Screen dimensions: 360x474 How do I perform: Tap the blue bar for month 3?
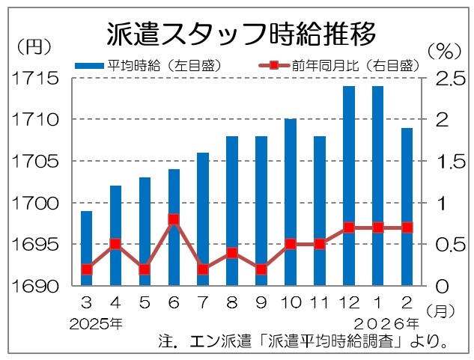(87, 247)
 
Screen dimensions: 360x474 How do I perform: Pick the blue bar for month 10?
(291, 202)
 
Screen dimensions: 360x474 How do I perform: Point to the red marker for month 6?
(174, 219)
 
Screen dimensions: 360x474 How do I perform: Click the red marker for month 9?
(261, 269)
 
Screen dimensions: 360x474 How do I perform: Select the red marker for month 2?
(407, 228)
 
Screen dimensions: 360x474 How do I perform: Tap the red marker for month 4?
(115, 244)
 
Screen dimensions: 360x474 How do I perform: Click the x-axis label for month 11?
(320, 304)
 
